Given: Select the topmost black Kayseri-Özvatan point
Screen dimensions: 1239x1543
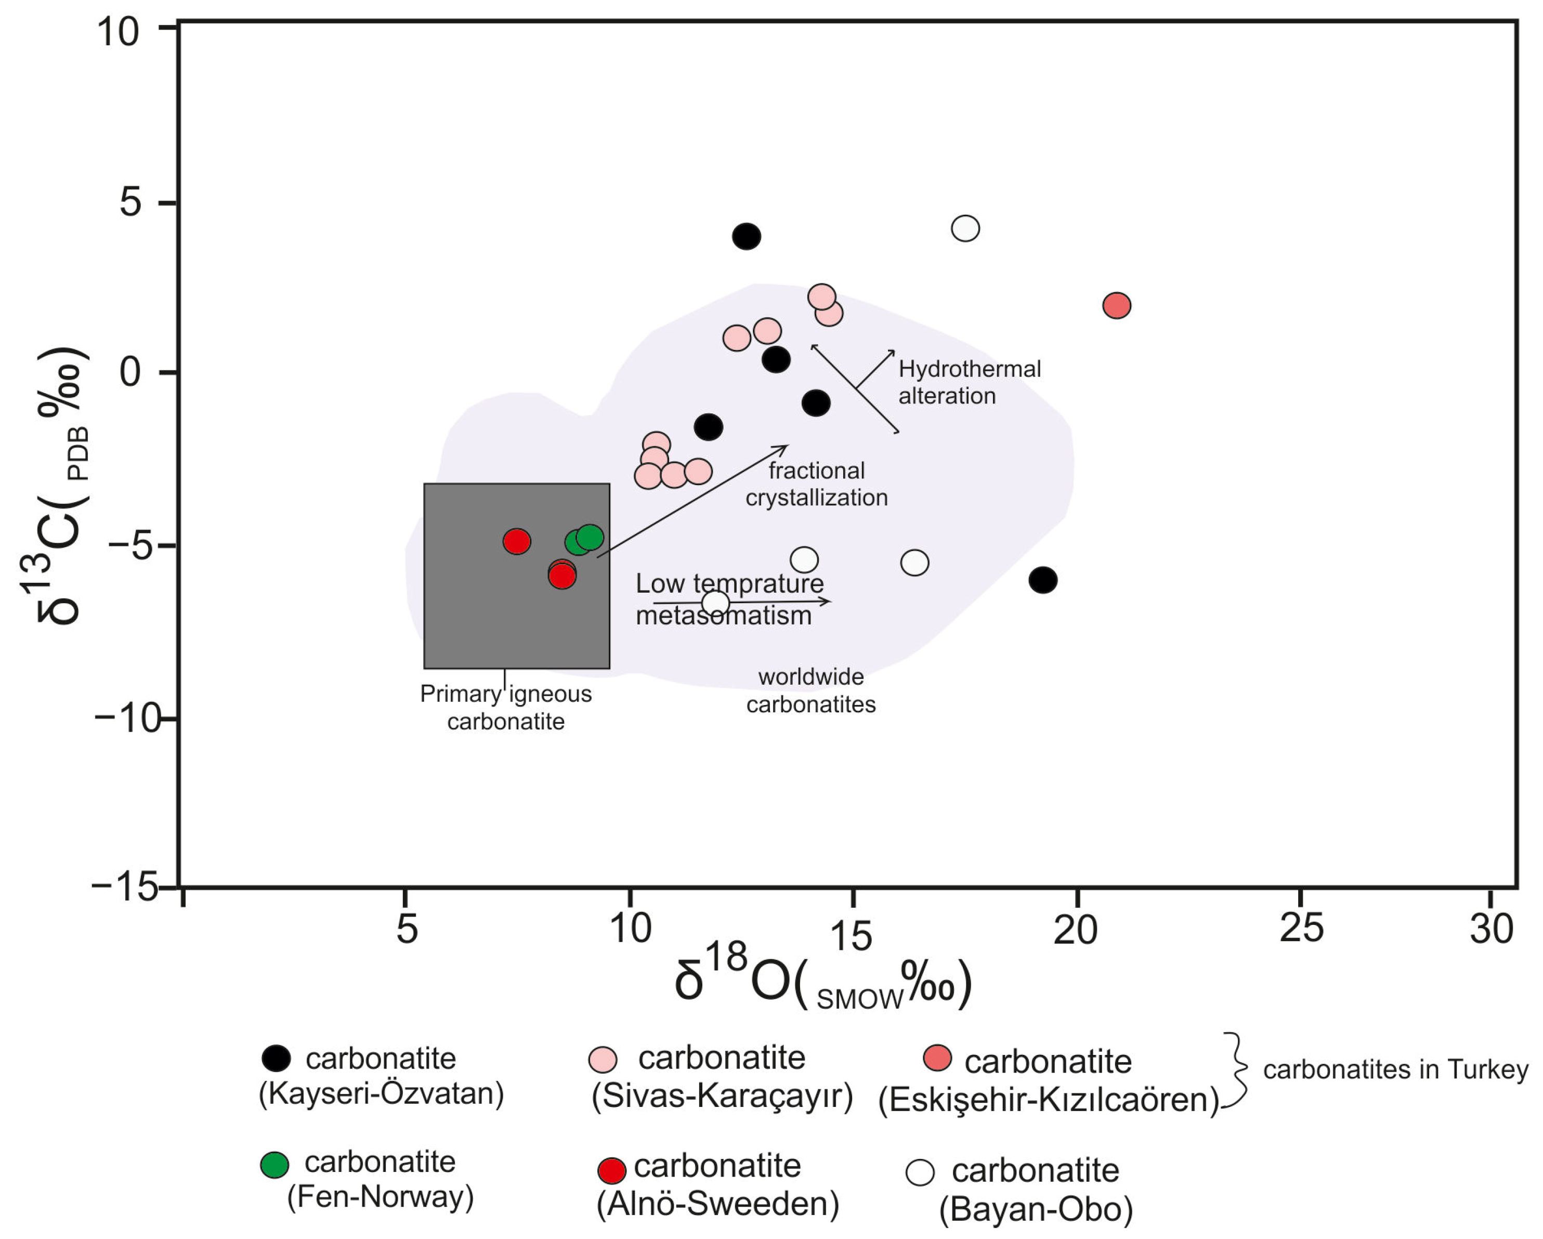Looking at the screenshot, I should [x=747, y=236].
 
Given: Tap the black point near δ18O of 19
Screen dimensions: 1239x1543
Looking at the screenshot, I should [x=1043, y=580].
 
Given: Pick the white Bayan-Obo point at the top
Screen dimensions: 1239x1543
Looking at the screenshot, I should [x=965, y=228].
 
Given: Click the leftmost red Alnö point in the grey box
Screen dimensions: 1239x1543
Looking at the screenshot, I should [x=517, y=541].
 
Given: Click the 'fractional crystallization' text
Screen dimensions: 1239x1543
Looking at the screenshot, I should [x=817, y=484].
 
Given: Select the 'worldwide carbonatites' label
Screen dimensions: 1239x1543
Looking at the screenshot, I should [x=811, y=690].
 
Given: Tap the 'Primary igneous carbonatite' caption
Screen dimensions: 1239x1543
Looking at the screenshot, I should [x=506, y=707].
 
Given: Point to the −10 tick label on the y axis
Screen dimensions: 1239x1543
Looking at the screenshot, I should [x=127, y=718].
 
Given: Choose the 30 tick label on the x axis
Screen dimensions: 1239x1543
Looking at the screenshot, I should [x=1491, y=929].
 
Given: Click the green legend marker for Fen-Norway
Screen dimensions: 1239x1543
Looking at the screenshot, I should [x=274, y=1165].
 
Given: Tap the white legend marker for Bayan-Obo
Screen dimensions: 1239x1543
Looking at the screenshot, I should [x=920, y=1172].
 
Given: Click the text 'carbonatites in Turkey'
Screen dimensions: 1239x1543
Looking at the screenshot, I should [x=1395, y=1070].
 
